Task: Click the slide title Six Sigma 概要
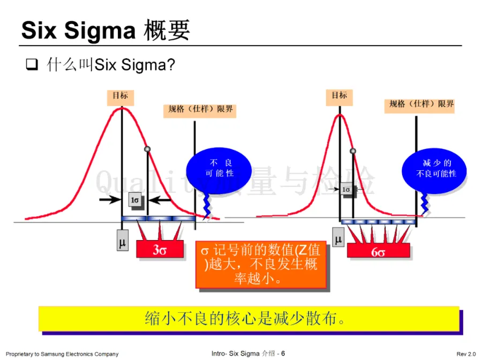[x=106, y=31]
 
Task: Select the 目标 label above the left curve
[x=120, y=96]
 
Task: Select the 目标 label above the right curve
[x=339, y=96]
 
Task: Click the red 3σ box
[x=160, y=250]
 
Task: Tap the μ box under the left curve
[x=122, y=242]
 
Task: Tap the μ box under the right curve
[x=338, y=238]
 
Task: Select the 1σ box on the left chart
[x=135, y=200]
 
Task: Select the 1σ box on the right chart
[x=346, y=189]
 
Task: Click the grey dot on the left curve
[x=147, y=149]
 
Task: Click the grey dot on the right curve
[x=353, y=151]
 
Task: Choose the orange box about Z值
[x=261, y=265]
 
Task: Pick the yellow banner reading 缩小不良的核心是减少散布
[x=248, y=319]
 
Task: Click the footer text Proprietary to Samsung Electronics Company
[x=62, y=354]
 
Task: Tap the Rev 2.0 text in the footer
[x=465, y=354]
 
